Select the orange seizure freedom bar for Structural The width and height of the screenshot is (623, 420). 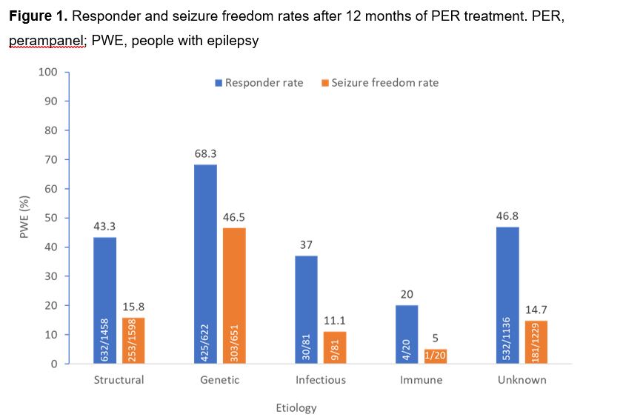[x=134, y=340]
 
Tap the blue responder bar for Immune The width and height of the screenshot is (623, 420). [x=407, y=334]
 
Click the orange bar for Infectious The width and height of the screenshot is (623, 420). [x=335, y=347]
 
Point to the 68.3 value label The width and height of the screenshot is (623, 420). [x=205, y=154]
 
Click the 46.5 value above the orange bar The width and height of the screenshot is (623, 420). [x=235, y=218]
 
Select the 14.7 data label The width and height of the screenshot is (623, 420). [x=536, y=310]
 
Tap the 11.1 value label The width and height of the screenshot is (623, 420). [x=335, y=321]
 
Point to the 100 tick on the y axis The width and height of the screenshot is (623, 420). [x=48, y=72]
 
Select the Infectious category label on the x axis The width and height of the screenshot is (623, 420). [x=321, y=380]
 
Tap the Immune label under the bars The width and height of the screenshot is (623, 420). [x=422, y=380]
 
